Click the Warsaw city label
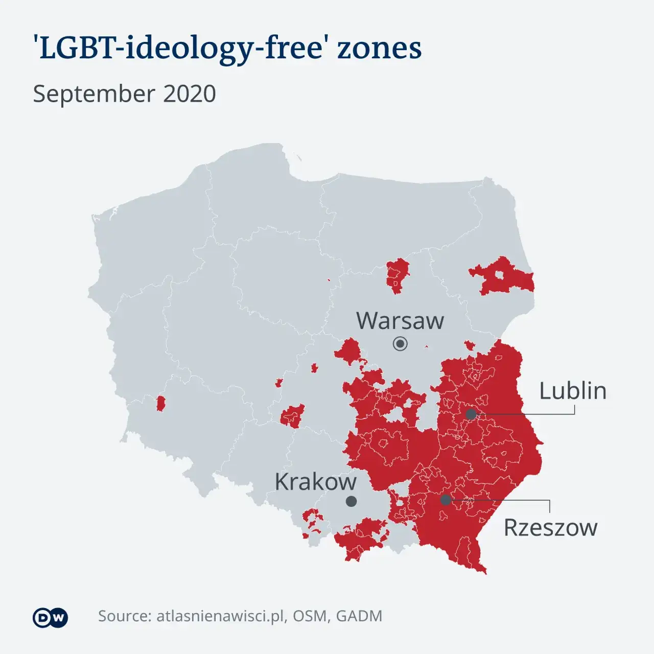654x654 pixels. click(x=400, y=321)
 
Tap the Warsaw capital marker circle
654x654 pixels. click(x=400, y=344)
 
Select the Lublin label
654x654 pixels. click(x=573, y=391)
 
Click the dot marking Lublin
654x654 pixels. click(x=471, y=414)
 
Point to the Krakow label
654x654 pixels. click(x=315, y=482)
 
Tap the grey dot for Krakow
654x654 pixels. click(x=351, y=501)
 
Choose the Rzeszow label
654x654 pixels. click(x=550, y=528)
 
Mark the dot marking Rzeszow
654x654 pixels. click(x=446, y=500)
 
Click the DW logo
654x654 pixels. click(x=50, y=618)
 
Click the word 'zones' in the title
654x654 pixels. click(x=379, y=49)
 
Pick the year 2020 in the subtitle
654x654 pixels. click(x=190, y=94)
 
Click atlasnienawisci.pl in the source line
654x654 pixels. click(x=220, y=616)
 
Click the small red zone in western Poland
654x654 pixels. click(x=160, y=404)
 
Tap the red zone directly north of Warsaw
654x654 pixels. click(x=398, y=274)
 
